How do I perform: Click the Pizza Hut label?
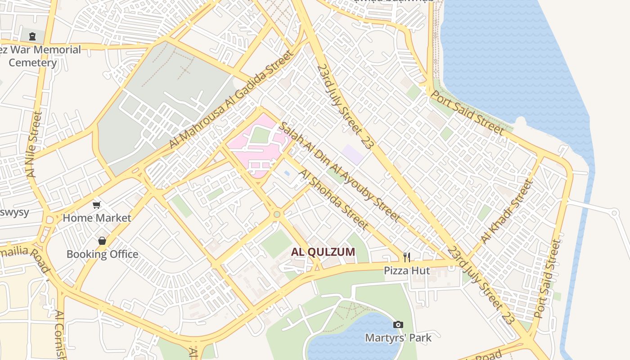tap(407, 270)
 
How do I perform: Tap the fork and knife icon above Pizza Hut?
tap(407, 257)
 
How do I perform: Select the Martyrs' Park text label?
tap(398, 337)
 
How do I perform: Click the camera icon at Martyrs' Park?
tap(398, 324)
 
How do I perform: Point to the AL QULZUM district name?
tap(323, 252)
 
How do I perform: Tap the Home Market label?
tap(97, 218)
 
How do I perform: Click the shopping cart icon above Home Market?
tap(96, 205)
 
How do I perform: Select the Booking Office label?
tap(102, 254)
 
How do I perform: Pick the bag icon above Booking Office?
tap(102, 241)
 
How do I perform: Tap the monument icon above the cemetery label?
tap(32, 36)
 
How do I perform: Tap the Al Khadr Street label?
tap(507, 211)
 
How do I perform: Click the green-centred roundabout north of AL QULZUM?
tap(277, 215)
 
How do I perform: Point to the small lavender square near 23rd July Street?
tap(352, 154)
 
